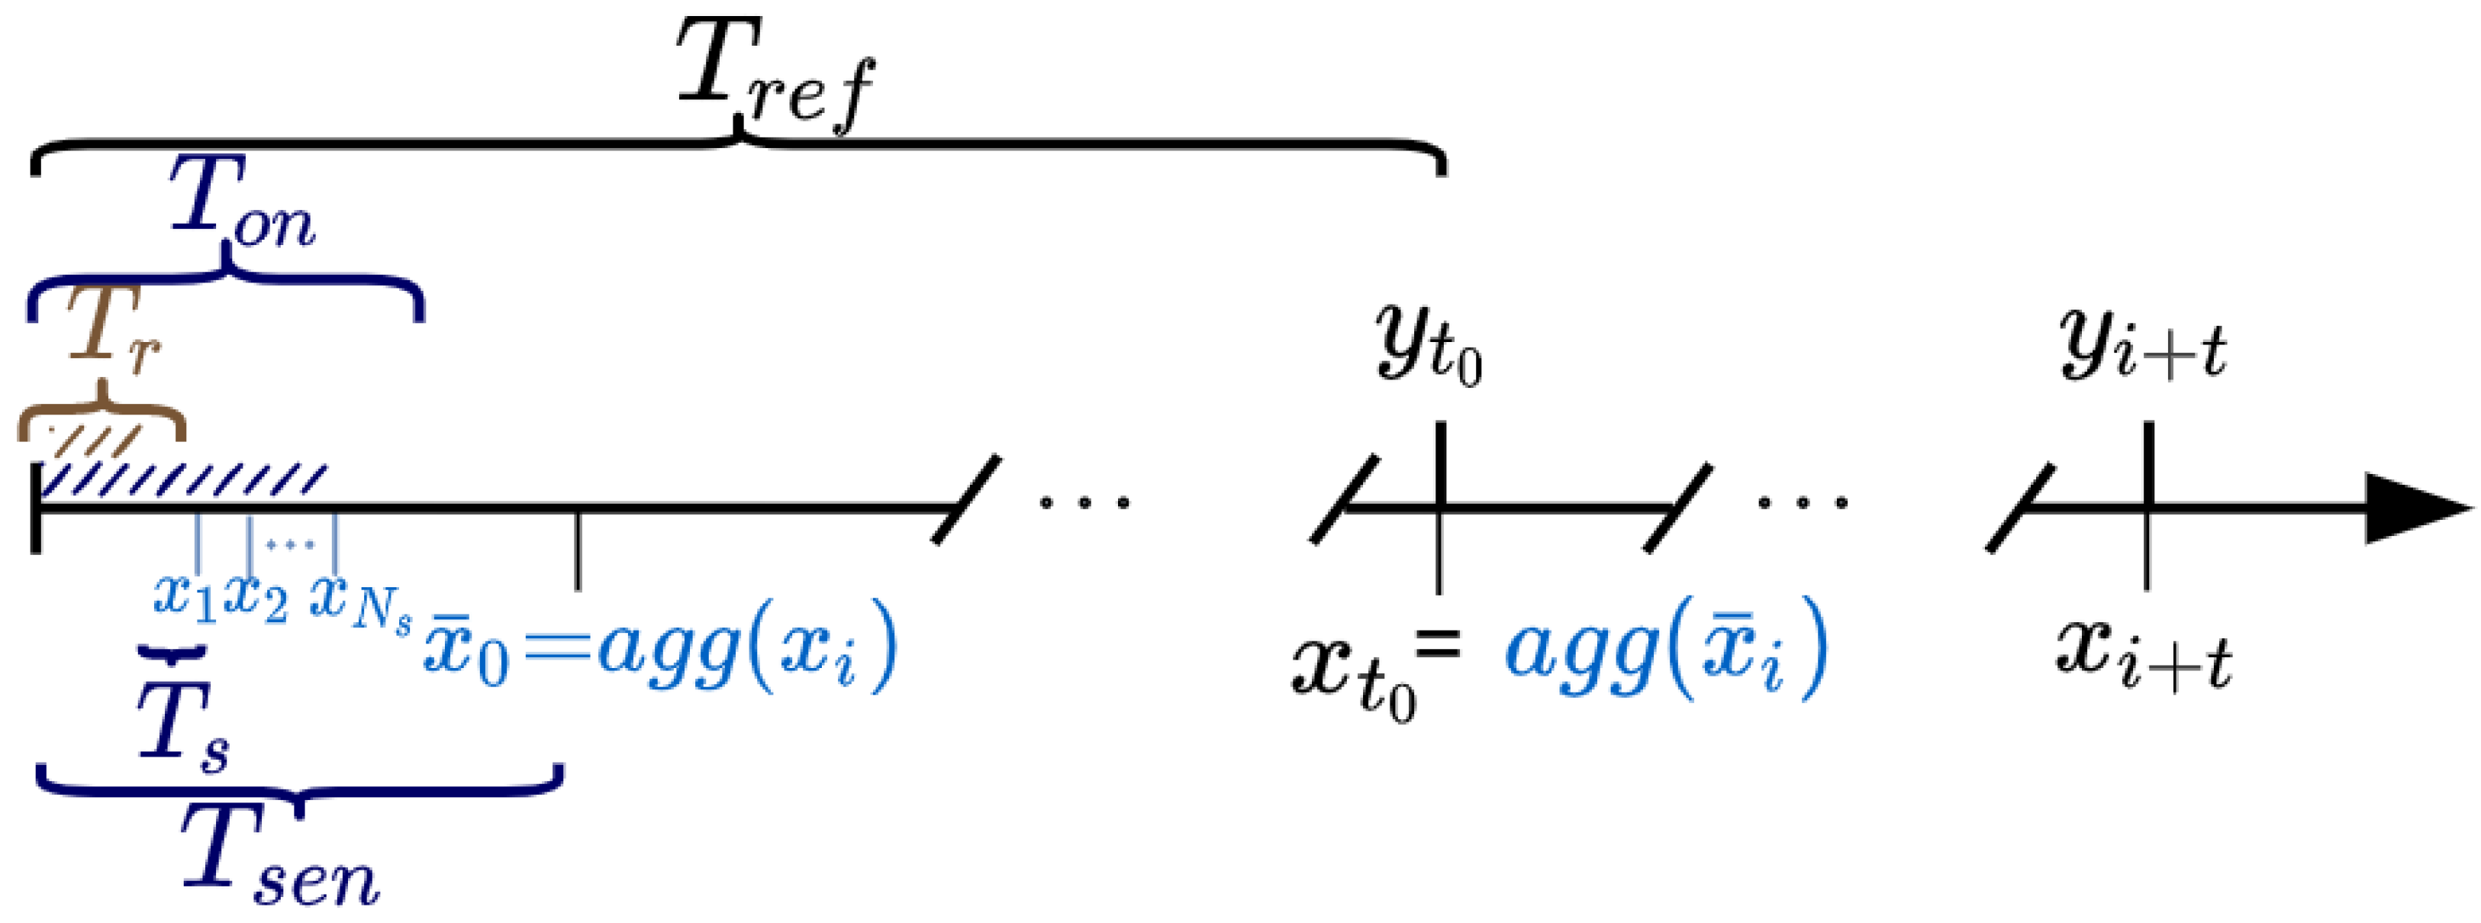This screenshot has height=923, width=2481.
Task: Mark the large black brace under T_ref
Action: (x=738, y=150)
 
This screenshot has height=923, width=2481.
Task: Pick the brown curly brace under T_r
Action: (x=101, y=415)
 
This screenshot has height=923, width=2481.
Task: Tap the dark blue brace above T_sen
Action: (x=298, y=786)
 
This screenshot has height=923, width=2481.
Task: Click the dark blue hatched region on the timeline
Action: (x=183, y=479)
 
